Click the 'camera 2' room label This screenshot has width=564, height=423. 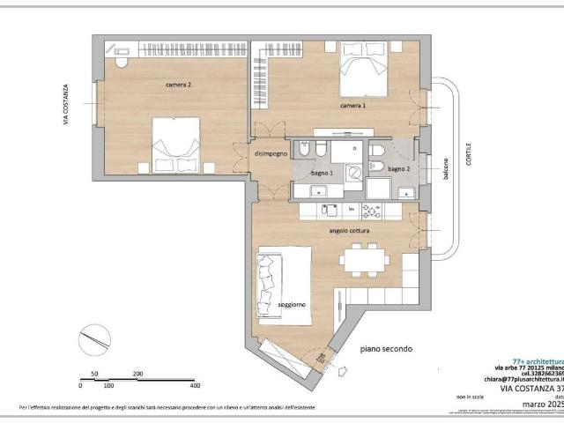pyautogui.click(x=178, y=85)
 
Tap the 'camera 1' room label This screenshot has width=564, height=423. pyautogui.click(x=353, y=106)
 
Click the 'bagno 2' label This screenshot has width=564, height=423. pyautogui.click(x=399, y=168)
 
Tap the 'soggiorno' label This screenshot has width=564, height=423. pyautogui.click(x=292, y=305)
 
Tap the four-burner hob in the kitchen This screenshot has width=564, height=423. pyautogui.click(x=372, y=210)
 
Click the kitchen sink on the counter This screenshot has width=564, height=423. pyautogui.click(x=330, y=210)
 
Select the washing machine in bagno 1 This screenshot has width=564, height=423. pyautogui.click(x=352, y=171)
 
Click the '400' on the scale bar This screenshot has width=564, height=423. pyautogui.click(x=194, y=385)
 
